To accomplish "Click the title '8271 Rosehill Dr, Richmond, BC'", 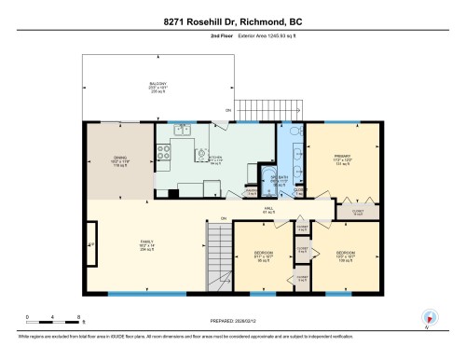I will tap(232, 21).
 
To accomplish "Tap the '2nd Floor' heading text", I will tap(195, 39).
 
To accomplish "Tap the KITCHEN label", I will tap(215, 159).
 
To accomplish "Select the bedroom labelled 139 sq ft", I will tap(346, 254).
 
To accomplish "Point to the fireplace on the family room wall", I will tap(90, 245).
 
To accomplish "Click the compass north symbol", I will tap(429, 317).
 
